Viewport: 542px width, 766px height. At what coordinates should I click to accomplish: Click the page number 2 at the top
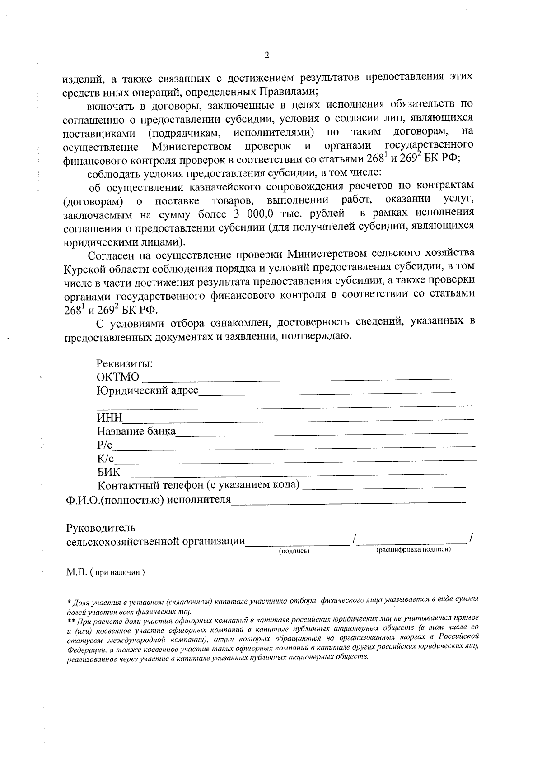coord(266,56)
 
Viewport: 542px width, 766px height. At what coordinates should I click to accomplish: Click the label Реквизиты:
coord(124,363)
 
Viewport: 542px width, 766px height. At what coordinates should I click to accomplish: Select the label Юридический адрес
coord(147,390)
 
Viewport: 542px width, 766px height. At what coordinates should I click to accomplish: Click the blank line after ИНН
coord(298,418)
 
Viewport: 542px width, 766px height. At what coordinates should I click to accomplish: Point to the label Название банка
coord(136,431)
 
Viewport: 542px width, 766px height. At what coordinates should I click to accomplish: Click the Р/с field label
coord(104,445)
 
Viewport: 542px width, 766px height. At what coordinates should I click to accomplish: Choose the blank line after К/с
coord(296,459)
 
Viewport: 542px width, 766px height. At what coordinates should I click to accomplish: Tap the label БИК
coord(108,473)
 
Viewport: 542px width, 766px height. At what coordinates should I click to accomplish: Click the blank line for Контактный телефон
coord(384,487)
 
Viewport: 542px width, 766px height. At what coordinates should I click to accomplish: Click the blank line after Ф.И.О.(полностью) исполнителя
coord(348,501)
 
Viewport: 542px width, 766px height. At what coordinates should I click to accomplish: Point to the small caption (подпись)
coord(294,551)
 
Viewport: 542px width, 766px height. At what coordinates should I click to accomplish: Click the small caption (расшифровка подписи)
coord(414,550)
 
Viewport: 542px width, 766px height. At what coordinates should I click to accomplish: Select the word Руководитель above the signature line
coord(101,528)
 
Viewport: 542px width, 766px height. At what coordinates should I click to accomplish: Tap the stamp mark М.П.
coord(77,572)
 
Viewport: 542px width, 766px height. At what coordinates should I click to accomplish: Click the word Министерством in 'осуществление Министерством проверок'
coord(192,147)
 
